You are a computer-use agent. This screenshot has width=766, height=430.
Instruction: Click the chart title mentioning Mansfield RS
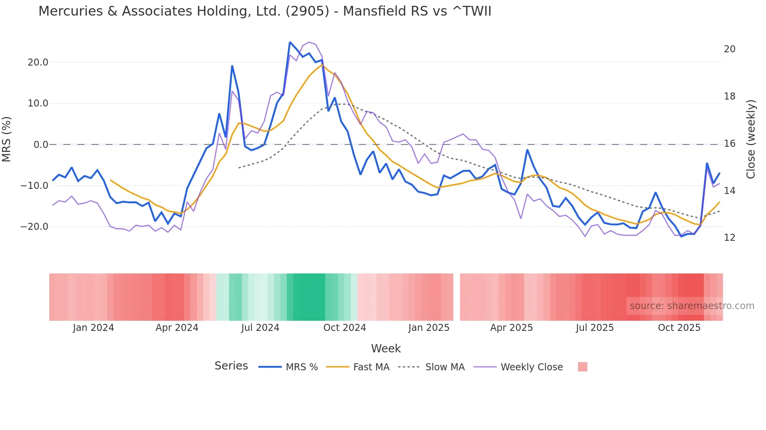pos(265,11)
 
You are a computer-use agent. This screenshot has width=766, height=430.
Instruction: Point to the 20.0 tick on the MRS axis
pos(38,62)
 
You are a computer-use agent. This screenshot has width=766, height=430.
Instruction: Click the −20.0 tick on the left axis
pos(34,227)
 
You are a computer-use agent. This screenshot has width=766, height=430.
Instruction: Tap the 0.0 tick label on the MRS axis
pos(41,145)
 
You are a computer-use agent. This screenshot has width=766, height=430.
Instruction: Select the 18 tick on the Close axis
pos(729,96)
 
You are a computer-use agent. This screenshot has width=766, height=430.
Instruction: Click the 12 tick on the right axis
pos(729,238)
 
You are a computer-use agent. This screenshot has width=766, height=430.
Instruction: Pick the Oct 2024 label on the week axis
pos(344,328)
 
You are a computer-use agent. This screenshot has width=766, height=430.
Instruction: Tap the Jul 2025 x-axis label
pos(594,328)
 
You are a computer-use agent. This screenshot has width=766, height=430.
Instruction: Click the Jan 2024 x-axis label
pos(93,328)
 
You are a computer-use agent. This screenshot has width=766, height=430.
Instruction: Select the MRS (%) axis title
pos(7,139)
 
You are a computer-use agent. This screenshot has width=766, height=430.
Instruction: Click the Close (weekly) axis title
pos(750,139)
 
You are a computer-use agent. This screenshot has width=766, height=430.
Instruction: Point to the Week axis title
pos(386,348)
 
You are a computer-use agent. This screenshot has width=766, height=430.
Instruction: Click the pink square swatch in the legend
pos(582,367)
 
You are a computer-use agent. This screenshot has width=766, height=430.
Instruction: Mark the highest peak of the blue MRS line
pos(290,42)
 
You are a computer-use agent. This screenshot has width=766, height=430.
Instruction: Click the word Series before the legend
pos(231,366)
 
